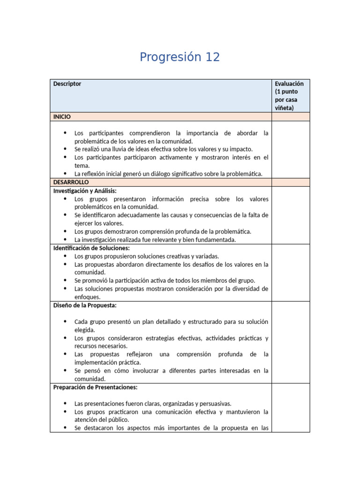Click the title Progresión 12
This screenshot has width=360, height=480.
point(180,57)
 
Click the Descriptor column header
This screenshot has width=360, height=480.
point(67,84)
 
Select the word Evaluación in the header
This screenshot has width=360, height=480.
point(289,83)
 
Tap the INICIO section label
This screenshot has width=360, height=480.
point(62,116)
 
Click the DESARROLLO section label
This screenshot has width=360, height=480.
point(71,182)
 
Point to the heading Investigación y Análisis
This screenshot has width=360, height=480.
point(85,191)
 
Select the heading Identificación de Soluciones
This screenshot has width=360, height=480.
point(91,248)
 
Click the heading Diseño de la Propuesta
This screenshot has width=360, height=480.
point(85,305)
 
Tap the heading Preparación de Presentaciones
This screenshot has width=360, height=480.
point(95,387)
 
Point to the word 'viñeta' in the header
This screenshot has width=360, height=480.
point(284,108)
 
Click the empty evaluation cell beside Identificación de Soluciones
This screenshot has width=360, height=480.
point(291,272)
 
